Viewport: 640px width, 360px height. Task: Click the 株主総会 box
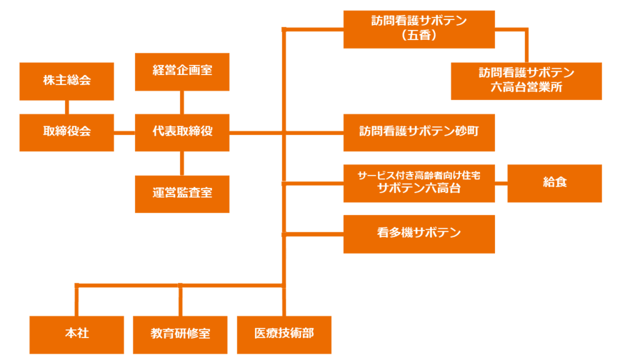(67, 81)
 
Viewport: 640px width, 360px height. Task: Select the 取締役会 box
(67, 132)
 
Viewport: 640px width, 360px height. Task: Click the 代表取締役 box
(182, 132)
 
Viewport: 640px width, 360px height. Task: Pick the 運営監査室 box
(182, 193)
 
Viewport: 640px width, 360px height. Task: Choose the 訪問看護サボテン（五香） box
(419, 29)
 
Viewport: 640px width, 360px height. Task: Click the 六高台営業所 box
(526, 81)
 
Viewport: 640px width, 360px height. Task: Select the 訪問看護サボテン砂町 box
(419, 132)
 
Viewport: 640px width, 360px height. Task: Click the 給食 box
(554, 183)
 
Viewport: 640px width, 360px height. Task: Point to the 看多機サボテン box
(419, 234)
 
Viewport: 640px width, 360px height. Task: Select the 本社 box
(77, 334)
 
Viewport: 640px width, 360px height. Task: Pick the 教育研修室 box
(180, 334)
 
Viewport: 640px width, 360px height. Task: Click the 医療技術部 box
(284, 334)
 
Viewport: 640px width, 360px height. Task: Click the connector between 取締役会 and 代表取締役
(124, 132)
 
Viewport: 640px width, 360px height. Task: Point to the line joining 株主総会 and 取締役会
(67, 107)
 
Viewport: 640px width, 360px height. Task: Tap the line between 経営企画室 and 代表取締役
(182, 102)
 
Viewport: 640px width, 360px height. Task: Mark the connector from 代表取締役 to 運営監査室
(182, 163)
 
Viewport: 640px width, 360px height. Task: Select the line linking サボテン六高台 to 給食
(501, 184)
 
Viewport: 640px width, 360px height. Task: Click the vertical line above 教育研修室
(180, 301)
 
